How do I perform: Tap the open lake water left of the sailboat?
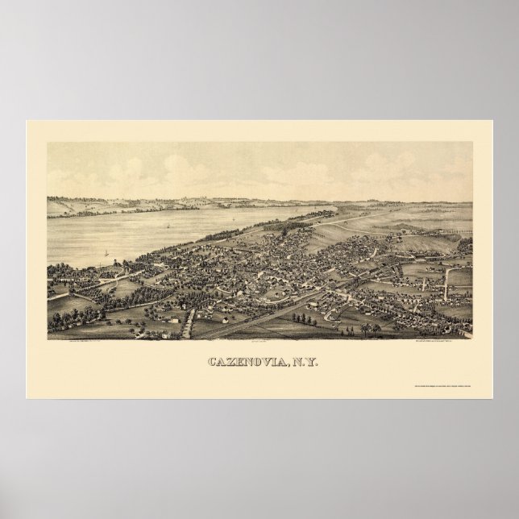click(81, 242)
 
